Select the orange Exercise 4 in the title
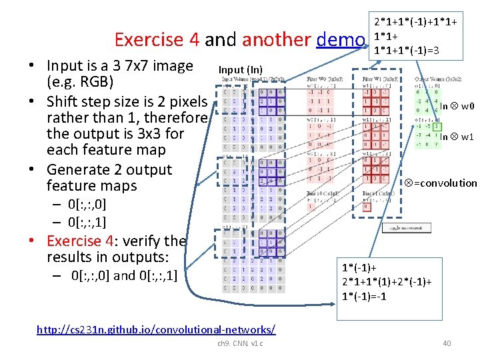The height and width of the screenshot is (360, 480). coord(157,40)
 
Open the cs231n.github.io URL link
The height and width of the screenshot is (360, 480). coord(156,329)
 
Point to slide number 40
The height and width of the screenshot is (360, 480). coord(446,343)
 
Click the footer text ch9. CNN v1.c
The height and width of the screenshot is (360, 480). coord(240,343)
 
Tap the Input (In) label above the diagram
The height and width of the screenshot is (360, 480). coord(241,69)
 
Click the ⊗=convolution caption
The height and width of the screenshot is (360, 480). coord(441,183)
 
